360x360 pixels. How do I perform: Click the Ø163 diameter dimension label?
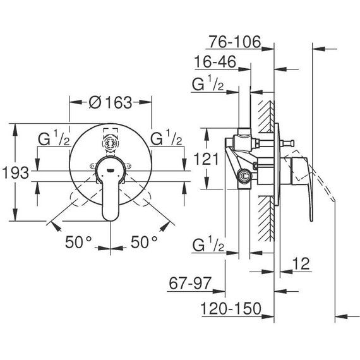(111, 102)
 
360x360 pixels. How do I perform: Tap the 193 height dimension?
(16, 173)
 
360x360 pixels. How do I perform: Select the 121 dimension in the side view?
(206, 159)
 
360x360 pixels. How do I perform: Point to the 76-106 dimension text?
(235, 42)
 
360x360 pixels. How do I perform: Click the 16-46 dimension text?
(215, 61)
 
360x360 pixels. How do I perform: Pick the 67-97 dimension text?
(190, 283)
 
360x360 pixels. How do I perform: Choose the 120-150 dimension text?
(231, 308)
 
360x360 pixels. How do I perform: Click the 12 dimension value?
(301, 263)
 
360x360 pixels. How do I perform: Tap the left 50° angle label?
(78, 242)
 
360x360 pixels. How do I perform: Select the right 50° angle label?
(144, 242)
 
